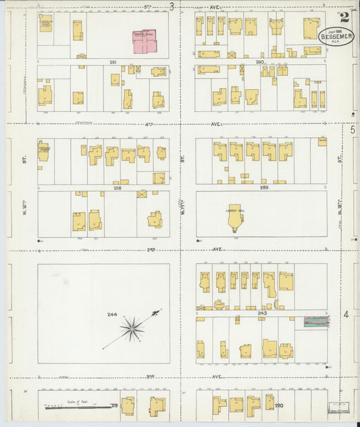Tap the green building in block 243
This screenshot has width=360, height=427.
(x=315, y=322)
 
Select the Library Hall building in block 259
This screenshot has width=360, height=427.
(x=235, y=217)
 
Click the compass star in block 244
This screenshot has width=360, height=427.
(x=132, y=329)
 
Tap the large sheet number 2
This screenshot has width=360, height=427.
(x=345, y=18)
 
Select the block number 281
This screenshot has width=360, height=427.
(x=113, y=62)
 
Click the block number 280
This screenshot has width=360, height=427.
(x=259, y=62)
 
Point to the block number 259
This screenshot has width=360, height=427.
(x=265, y=187)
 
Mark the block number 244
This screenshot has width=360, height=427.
(x=111, y=315)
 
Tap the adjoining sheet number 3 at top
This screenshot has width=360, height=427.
(x=173, y=7)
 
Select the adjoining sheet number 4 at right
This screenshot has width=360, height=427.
(x=346, y=314)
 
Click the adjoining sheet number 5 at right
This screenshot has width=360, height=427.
(x=353, y=128)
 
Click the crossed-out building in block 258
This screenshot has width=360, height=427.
(x=142, y=194)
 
